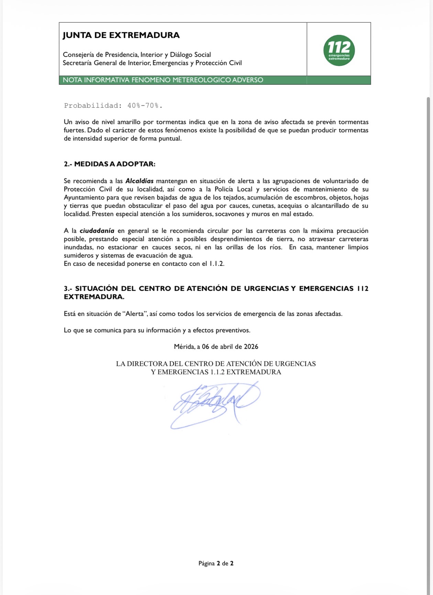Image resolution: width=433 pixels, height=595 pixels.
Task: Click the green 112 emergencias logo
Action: coord(339,50)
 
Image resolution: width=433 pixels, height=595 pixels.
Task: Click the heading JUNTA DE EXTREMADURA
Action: coord(121,35)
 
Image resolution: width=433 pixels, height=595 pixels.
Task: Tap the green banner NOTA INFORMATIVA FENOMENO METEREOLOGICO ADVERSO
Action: coord(163,80)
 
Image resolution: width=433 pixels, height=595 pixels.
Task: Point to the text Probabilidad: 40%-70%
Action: coord(113,106)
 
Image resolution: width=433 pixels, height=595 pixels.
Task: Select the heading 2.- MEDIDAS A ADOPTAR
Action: coord(110,164)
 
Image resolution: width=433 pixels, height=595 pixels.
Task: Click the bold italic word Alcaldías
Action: coord(139,181)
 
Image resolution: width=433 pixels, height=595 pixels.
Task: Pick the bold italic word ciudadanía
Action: coord(97,231)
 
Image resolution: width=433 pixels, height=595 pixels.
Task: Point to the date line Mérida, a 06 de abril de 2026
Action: coord(216,347)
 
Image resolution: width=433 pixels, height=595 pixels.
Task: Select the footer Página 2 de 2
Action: coord(216,563)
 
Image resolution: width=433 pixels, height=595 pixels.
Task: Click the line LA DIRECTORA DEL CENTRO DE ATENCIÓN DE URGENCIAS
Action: coord(216,364)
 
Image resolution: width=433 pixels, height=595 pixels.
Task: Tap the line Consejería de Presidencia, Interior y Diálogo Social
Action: coord(137,55)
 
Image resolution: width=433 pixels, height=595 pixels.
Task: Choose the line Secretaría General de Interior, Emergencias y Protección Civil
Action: coord(152,63)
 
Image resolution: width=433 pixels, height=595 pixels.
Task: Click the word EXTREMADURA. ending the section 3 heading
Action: coord(94,297)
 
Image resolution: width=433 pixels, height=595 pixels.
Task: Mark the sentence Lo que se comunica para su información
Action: coord(157,330)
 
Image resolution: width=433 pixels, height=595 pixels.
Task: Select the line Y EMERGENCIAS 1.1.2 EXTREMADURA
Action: coord(216,372)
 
